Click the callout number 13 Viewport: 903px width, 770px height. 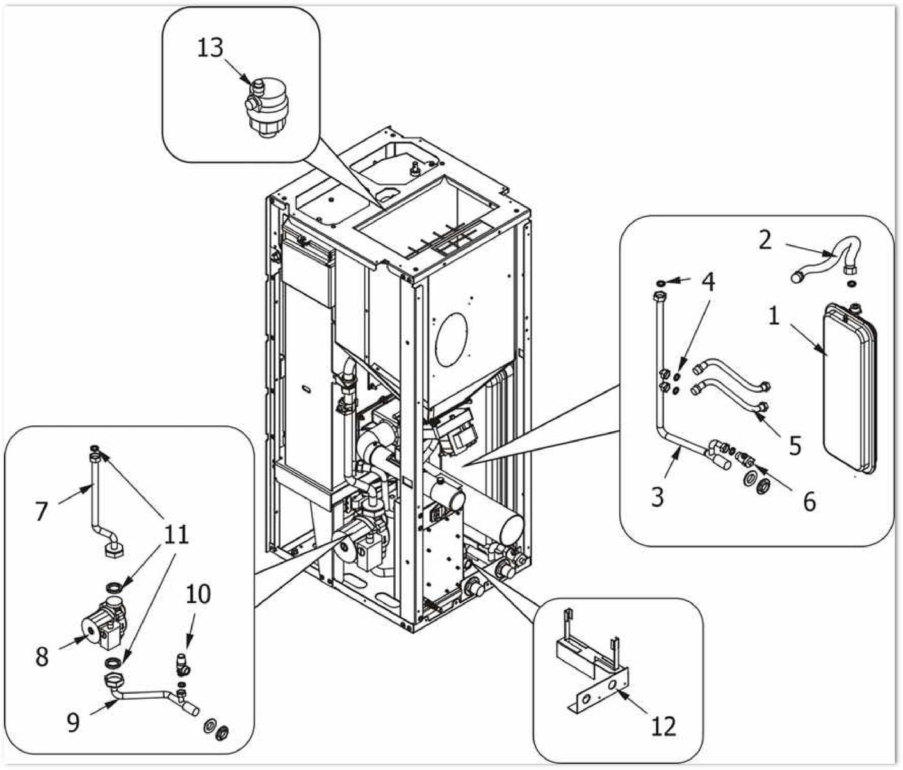coord(210,48)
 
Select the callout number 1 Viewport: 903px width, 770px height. coord(774,315)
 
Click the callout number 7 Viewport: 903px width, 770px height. coord(42,511)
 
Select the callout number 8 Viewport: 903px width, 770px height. coord(42,657)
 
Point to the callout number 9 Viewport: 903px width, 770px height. coord(73,723)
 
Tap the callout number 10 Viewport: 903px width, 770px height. coord(198,594)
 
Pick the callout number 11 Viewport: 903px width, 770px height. coord(177,534)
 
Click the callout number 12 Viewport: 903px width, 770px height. coord(663,726)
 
